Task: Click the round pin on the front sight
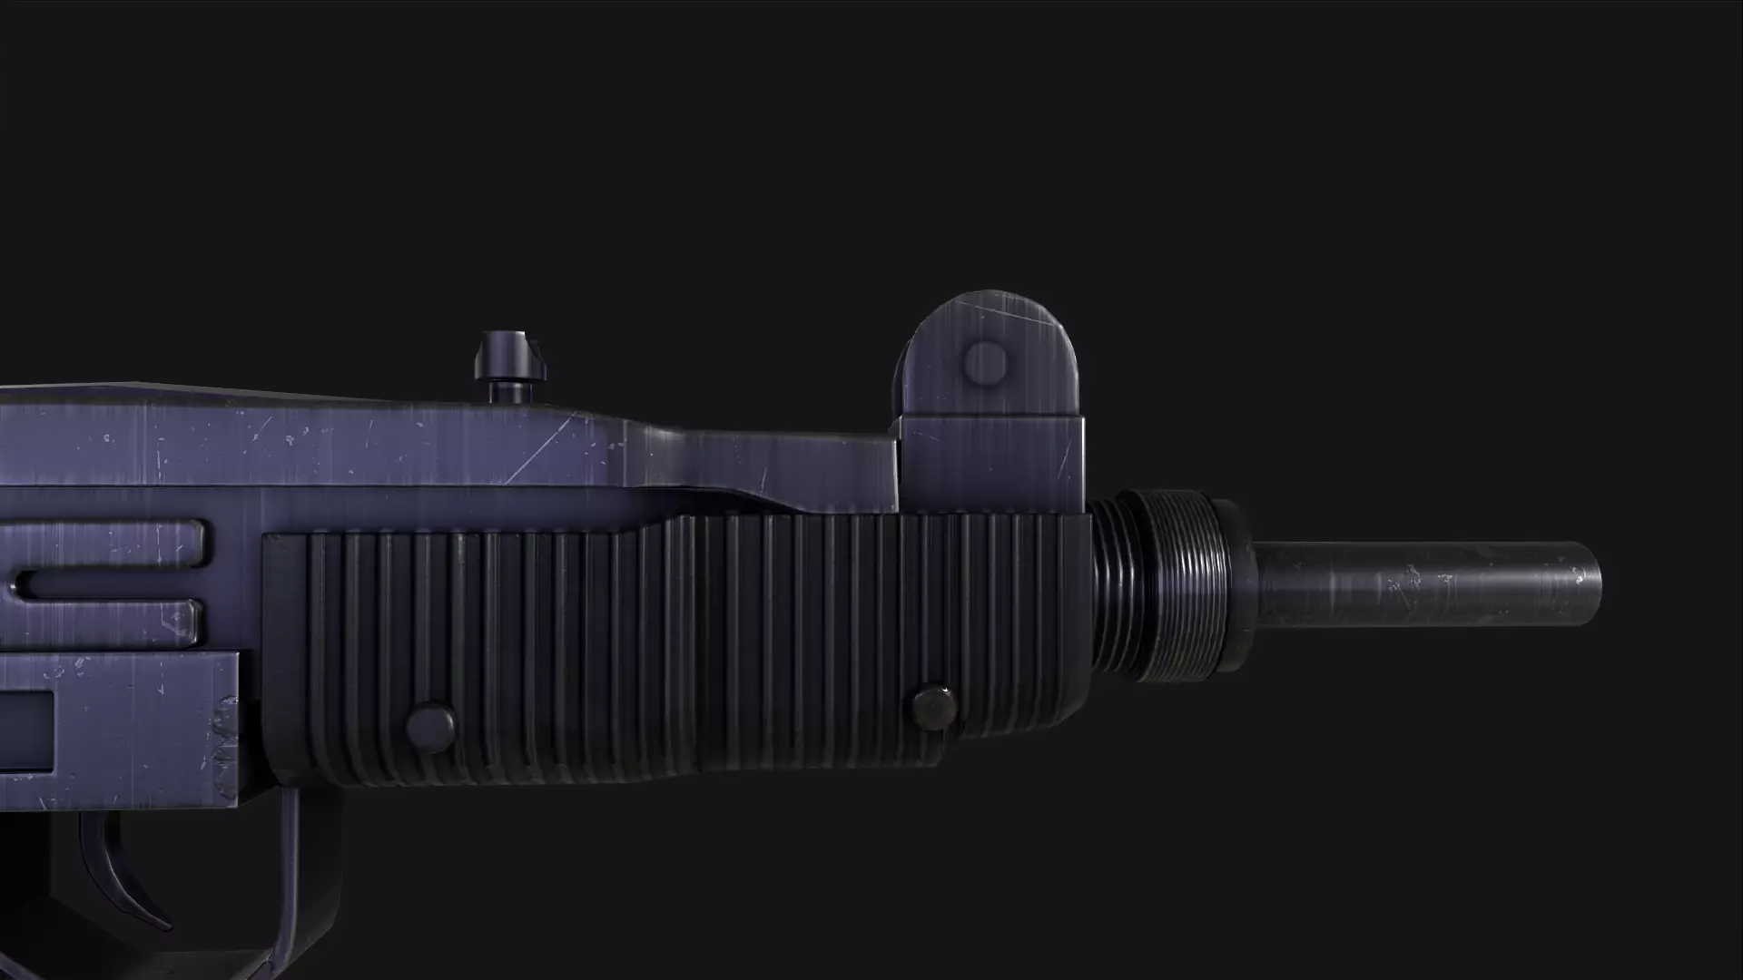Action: pyautogui.click(x=985, y=363)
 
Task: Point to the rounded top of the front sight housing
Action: pyautogui.click(x=990, y=309)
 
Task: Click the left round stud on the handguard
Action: pyautogui.click(x=430, y=726)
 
